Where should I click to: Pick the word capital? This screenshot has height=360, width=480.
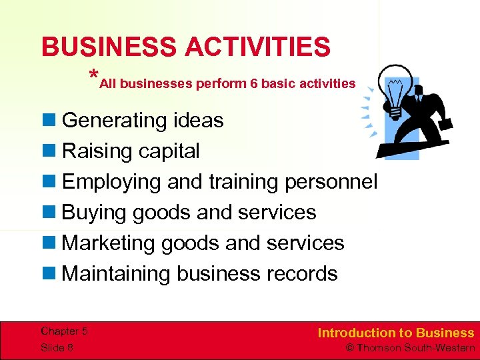pyautogui.click(x=169, y=151)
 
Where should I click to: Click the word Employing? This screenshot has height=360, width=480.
pyautogui.click(x=111, y=182)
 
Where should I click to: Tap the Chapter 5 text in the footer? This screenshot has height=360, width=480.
pyautogui.click(x=65, y=331)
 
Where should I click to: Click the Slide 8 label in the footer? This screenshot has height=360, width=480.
pyautogui.click(x=57, y=347)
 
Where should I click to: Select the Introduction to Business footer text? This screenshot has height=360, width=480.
pyautogui.click(x=396, y=333)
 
